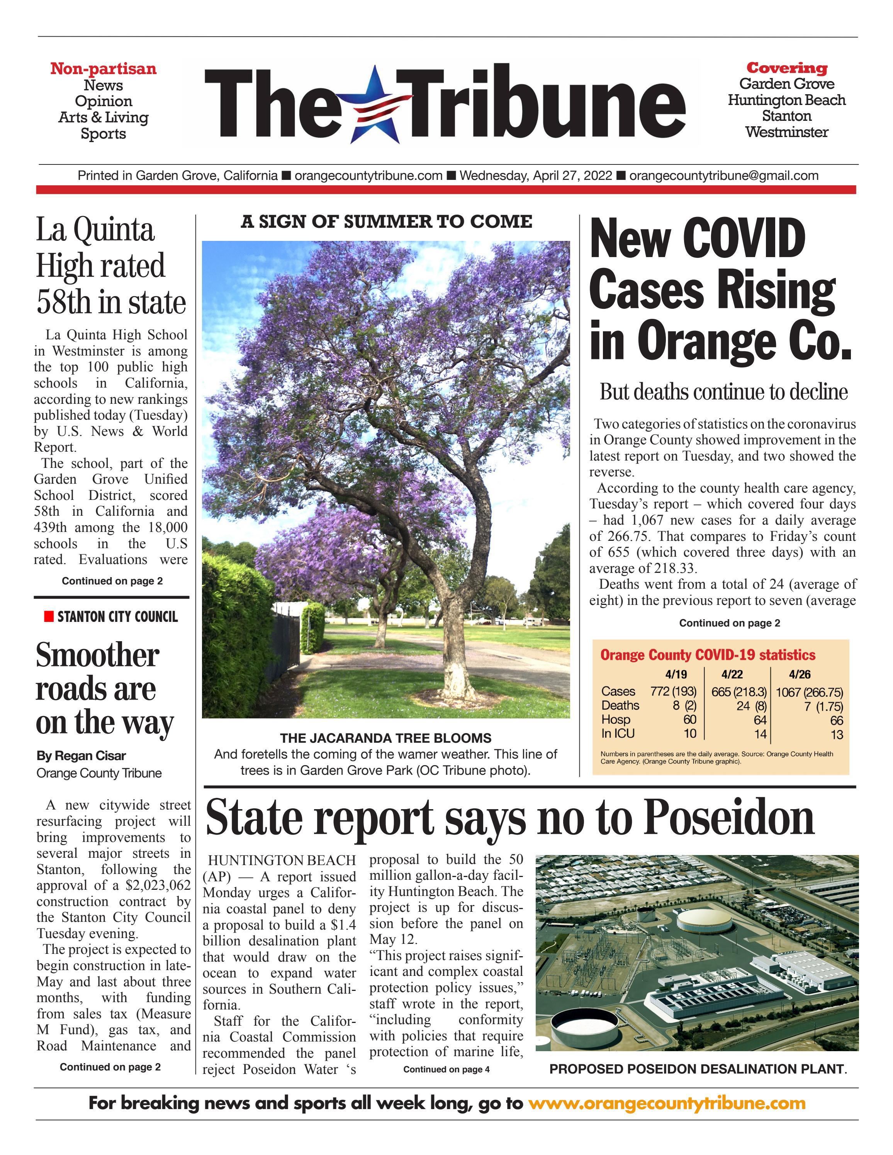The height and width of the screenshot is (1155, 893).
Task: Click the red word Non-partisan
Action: pos(103,69)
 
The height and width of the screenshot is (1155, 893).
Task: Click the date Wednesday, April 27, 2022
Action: pos(535,176)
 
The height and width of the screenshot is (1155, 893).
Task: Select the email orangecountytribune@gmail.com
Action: pos(724,176)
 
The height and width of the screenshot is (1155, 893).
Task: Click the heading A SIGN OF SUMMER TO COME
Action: pos(386,222)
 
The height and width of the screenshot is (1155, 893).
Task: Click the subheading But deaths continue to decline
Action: pos(723,392)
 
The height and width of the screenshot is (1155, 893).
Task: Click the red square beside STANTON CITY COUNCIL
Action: pos(49,616)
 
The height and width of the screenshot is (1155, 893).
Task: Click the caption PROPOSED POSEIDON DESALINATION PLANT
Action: pos(697,1069)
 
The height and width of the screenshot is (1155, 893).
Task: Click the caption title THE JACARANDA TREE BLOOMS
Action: pos(385,738)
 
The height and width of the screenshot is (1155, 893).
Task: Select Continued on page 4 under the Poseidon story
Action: pos(446,1069)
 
